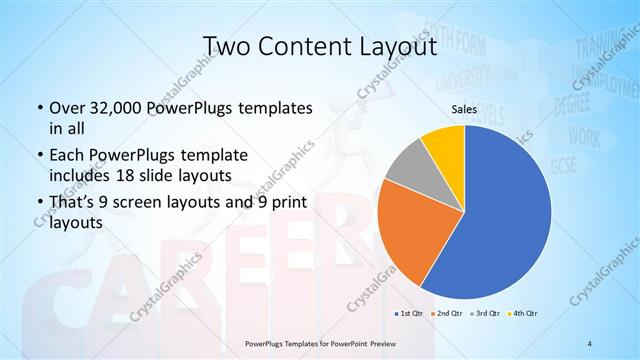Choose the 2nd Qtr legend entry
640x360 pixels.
pyautogui.click(x=449, y=314)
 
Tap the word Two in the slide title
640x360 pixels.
pyautogui.click(x=224, y=46)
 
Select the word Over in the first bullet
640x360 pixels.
pyautogui.click(x=68, y=108)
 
